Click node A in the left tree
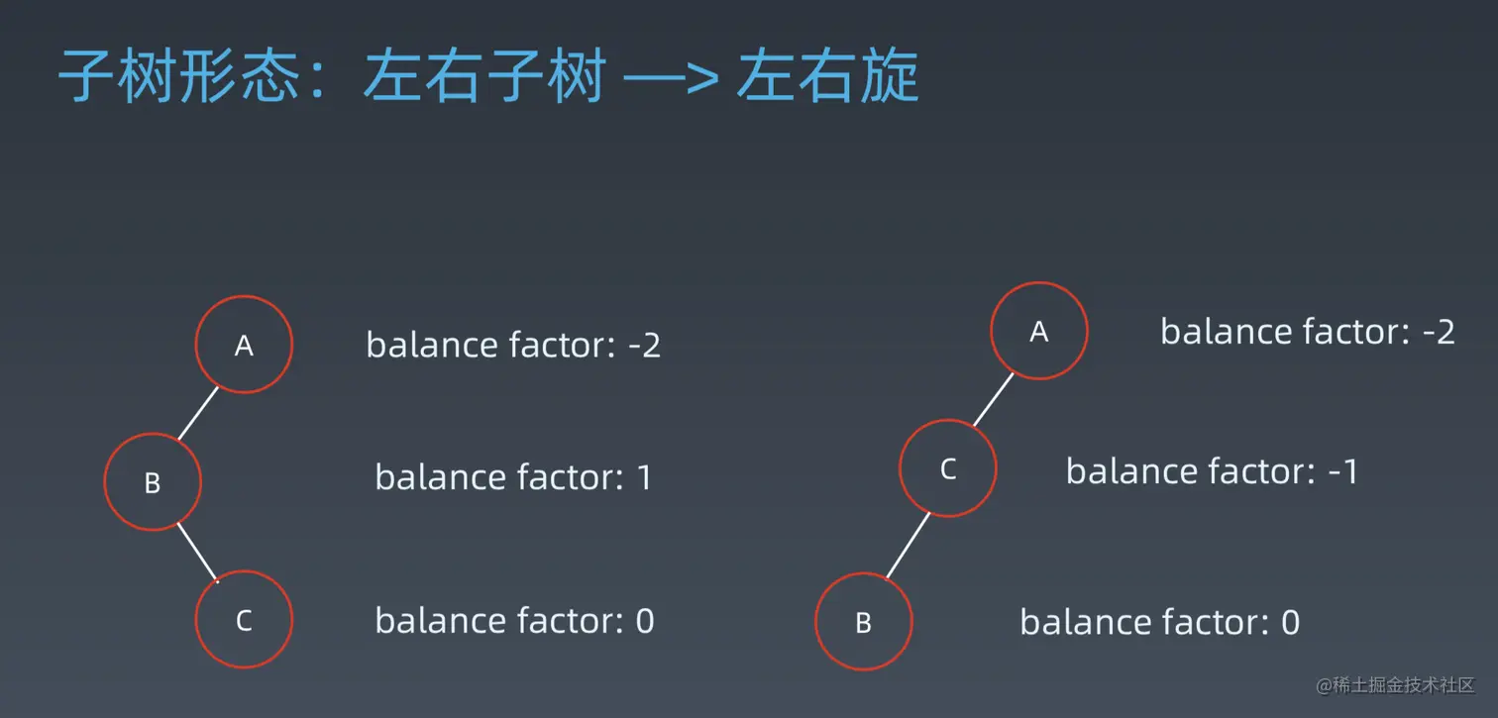(244, 345)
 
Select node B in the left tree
(153, 482)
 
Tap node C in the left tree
(244, 620)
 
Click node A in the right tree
(1039, 331)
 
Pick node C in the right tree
(948, 468)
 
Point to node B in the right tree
(863, 622)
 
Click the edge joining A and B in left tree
(198, 413)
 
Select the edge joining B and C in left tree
(198, 553)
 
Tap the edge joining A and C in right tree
(994, 399)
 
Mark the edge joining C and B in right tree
(909, 546)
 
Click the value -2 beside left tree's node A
(644, 346)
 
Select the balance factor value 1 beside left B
(645, 477)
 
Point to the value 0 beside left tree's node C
(645, 621)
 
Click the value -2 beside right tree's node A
(1439, 332)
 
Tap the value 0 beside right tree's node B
(1291, 622)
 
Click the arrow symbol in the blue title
(671, 78)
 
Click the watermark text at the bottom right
(1395, 685)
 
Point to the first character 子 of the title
(87, 75)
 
